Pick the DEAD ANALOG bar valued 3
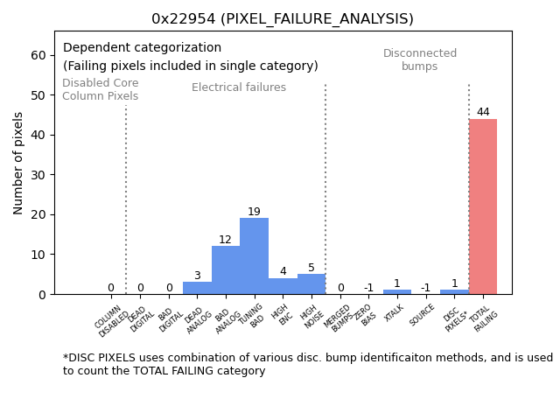(197, 288)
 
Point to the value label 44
(483, 112)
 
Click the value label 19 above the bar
(254, 212)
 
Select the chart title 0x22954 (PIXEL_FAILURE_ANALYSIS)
(283, 19)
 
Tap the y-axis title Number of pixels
(19, 163)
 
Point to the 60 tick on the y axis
(39, 55)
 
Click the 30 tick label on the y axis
(39, 175)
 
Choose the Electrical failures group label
(239, 87)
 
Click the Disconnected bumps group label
(420, 59)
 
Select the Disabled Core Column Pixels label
(100, 89)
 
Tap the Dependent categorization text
(142, 48)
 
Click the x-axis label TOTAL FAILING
(484, 318)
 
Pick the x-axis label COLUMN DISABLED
(112, 320)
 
